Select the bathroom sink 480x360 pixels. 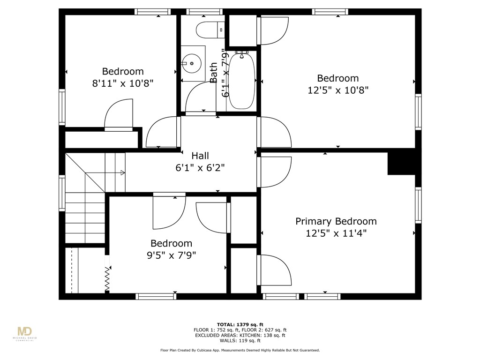point(192,61)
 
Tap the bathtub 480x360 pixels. point(242,80)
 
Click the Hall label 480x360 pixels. point(200,156)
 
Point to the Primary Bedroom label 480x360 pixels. point(336,221)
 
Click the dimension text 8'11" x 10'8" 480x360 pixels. point(123,83)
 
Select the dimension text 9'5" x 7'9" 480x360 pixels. point(171,255)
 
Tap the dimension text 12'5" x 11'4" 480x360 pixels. point(336,233)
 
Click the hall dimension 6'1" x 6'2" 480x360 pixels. point(200,168)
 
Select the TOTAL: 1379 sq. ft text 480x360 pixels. point(240,324)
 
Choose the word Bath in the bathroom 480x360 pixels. point(214,73)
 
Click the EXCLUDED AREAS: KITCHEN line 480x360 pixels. point(240,335)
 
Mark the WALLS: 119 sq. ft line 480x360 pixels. point(240,340)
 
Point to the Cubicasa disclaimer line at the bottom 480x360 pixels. point(240,350)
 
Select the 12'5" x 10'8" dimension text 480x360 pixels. point(337,90)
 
